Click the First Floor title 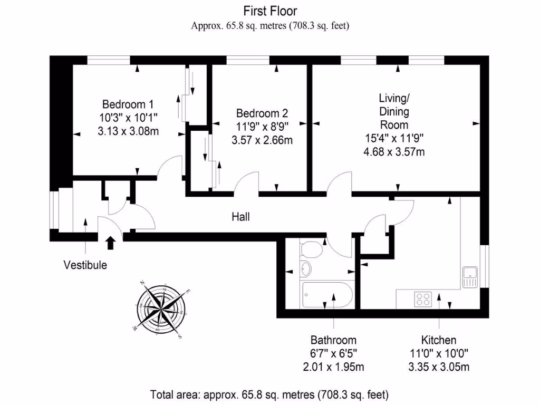(x=270, y=11)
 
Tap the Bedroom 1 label (x=128, y=104)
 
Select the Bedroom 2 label (x=262, y=113)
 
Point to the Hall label (x=240, y=217)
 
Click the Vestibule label (x=85, y=265)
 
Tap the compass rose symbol (x=161, y=308)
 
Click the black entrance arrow (x=110, y=243)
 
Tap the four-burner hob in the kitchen (x=423, y=300)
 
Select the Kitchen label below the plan (x=438, y=340)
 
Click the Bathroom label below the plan (x=333, y=340)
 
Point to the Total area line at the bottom (x=269, y=394)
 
